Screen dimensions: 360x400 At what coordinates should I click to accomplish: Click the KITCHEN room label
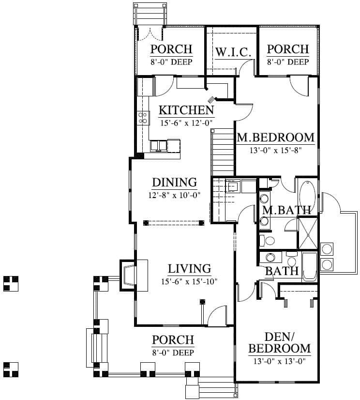coord(186,110)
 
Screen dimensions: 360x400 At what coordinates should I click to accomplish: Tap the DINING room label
coord(174,183)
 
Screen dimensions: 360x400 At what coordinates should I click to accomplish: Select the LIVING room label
coord(189,269)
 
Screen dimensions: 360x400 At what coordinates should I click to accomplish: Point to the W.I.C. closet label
coord(233,52)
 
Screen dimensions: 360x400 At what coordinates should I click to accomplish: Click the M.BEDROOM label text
coord(276,138)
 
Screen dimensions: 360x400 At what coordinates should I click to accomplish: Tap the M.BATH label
coord(286,210)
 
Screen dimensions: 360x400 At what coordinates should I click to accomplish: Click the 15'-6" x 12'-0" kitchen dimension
coord(186,123)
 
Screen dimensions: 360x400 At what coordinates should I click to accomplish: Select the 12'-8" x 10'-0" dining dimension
coord(174,196)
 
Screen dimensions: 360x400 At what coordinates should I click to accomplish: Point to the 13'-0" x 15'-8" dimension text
coord(276,150)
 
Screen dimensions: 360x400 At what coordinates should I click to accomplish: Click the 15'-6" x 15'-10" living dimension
coord(189,282)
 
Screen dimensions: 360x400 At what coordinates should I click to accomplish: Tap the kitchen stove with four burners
coord(143,118)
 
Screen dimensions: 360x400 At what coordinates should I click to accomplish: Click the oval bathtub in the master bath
coord(307,195)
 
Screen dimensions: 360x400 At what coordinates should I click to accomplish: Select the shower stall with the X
coord(308,233)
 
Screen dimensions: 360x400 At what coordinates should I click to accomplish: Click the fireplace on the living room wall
coord(129,275)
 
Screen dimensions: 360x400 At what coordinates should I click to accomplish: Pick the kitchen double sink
coord(158,146)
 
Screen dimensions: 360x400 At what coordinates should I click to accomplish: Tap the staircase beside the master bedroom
coord(223,153)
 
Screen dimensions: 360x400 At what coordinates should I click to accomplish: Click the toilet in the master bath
coord(267,240)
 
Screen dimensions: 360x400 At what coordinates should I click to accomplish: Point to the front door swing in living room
coord(217,316)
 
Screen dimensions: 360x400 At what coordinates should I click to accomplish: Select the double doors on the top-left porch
coord(150,34)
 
